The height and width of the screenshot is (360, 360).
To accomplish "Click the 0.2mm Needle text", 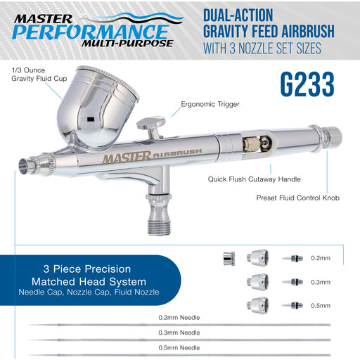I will coord(180,317).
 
